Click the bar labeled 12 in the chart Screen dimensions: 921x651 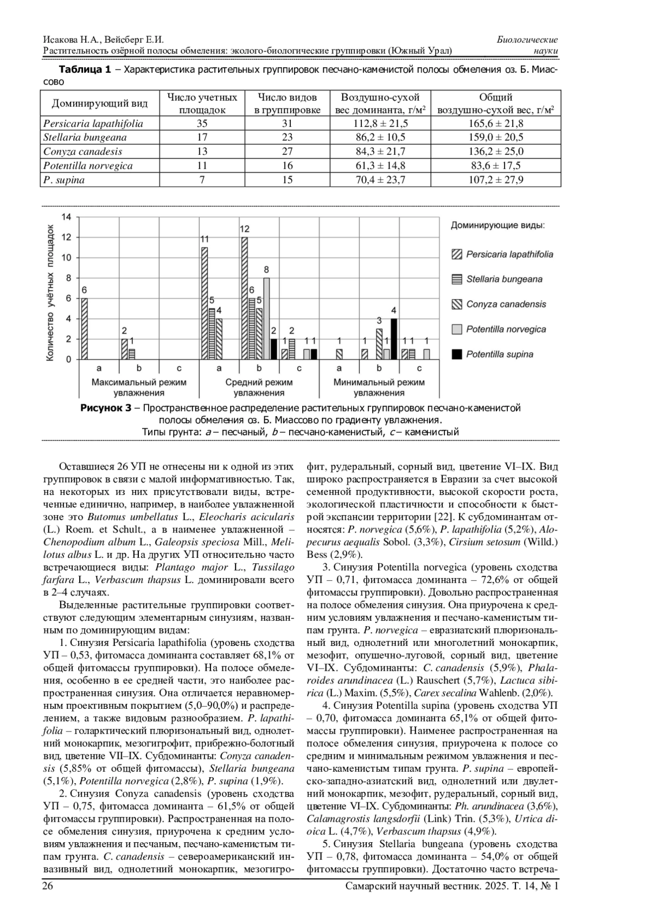pyautogui.click(x=245, y=298)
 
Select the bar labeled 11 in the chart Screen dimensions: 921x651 pyautogui.click(x=205, y=303)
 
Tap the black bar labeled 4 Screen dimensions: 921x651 pyautogui.click(x=394, y=339)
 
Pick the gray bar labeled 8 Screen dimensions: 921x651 pyautogui.click(x=266, y=318)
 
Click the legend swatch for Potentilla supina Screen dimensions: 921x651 pyautogui.click(x=457, y=354)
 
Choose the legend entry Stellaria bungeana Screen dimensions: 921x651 pyautogui.click(x=504, y=280)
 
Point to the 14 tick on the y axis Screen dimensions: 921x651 pyautogui.click(x=67, y=217)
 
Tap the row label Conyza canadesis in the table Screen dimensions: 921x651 pyautogui.click(x=83, y=152)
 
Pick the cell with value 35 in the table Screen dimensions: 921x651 pyautogui.click(x=202, y=124)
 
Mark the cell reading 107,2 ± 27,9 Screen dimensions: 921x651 pyautogui.click(x=496, y=180)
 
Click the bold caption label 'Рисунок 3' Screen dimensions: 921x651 pyautogui.click(x=106, y=408)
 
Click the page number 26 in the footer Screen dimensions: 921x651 pyautogui.click(x=48, y=887)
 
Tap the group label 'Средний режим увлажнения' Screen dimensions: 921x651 pyautogui.click(x=259, y=387)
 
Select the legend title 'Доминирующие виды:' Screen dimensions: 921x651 pyautogui.click(x=498, y=225)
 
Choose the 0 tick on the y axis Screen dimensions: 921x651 pyautogui.click(x=69, y=359)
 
